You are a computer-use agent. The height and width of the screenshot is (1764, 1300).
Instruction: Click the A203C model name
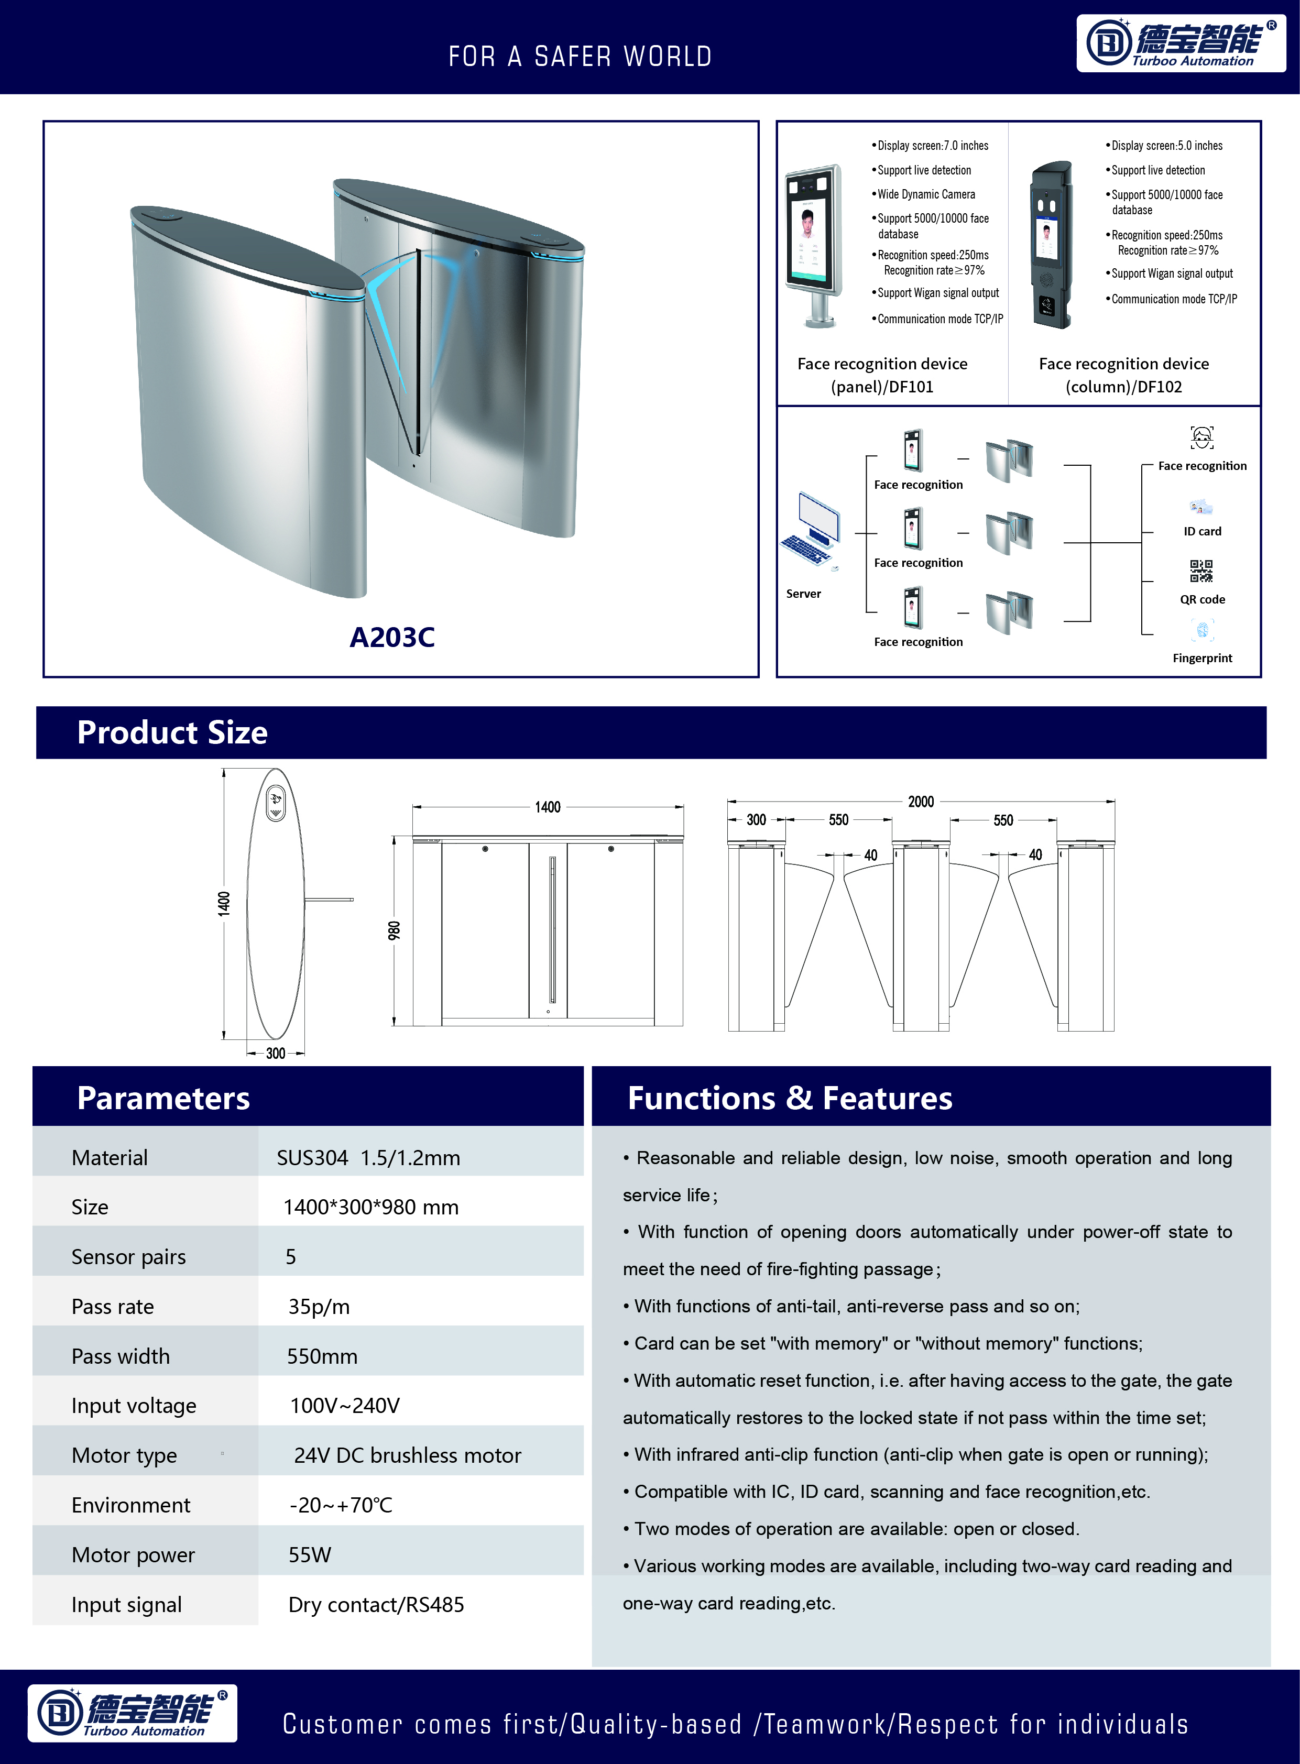click(392, 637)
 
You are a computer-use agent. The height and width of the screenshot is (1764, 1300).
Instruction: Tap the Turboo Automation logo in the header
click(1181, 44)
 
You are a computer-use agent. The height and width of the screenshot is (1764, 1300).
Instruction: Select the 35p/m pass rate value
click(319, 1306)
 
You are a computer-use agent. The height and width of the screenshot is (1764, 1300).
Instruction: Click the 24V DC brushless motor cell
click(407, 1455)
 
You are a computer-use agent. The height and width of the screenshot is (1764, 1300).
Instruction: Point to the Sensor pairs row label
click(128, 1256)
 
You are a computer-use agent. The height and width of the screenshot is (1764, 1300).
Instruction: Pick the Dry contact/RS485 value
click(376, 1604)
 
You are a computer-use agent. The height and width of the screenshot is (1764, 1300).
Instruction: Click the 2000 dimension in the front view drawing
click(921, 802)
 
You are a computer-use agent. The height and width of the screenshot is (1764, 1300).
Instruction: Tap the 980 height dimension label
click(394, 930)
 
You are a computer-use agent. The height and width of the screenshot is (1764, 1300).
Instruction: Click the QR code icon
click(1201, 571)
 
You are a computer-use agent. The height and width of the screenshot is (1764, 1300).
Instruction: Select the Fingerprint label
click(1201, 658)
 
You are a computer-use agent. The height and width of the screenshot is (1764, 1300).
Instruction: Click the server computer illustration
click(811, 529)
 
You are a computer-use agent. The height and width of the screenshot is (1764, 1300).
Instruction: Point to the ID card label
click(1201, 531)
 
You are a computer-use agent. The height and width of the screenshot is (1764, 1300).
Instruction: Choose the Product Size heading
click(172, 732)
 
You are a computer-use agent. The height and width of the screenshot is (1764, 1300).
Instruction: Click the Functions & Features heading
click(789, 1098)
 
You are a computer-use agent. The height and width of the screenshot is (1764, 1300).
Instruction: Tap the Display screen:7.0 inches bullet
click(933, 146)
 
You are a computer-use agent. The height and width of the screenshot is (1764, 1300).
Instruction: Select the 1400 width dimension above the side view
click(548, 807)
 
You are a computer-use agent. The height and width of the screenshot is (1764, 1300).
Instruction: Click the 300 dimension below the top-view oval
click(276, 1053)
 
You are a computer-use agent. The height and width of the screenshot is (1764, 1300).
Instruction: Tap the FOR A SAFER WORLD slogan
click(580, 57)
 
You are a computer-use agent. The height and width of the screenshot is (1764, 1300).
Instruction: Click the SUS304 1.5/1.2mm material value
click(368, 1157)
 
